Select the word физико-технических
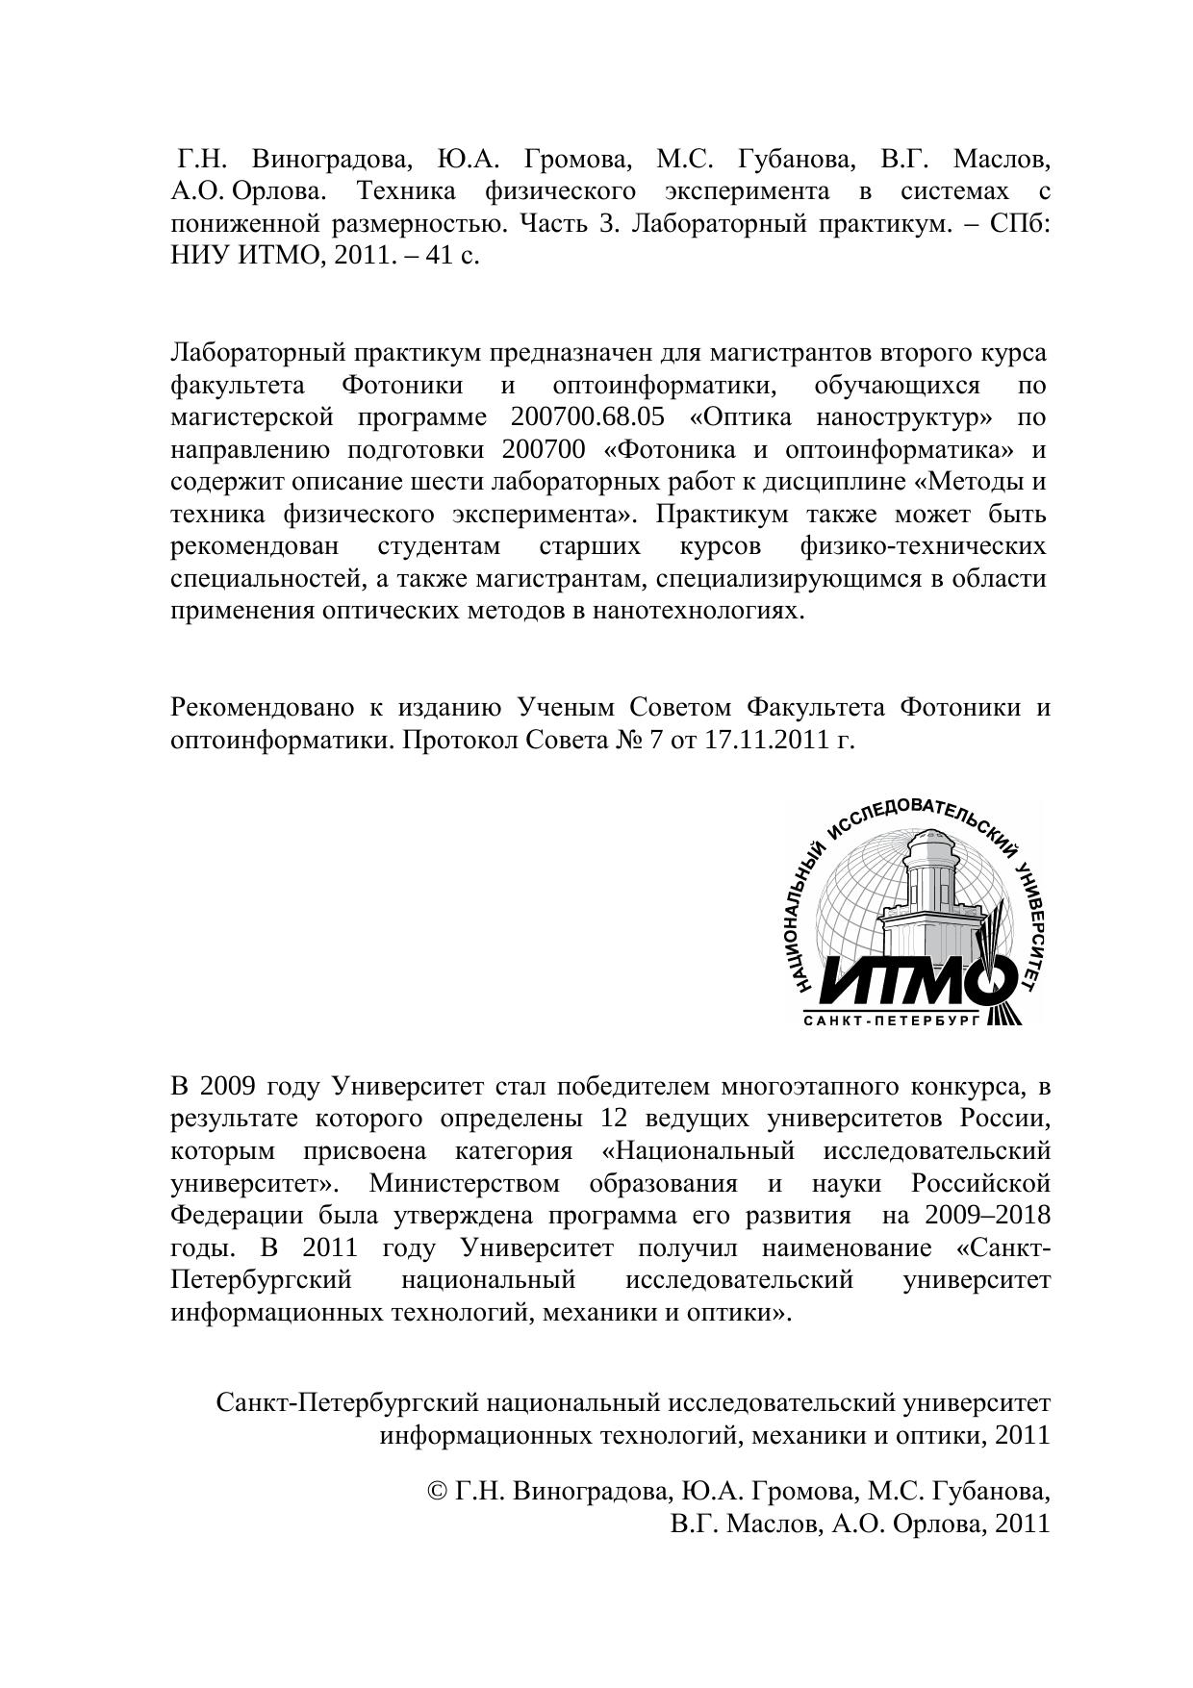923,546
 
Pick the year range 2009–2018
987,1216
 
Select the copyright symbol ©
436,1492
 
